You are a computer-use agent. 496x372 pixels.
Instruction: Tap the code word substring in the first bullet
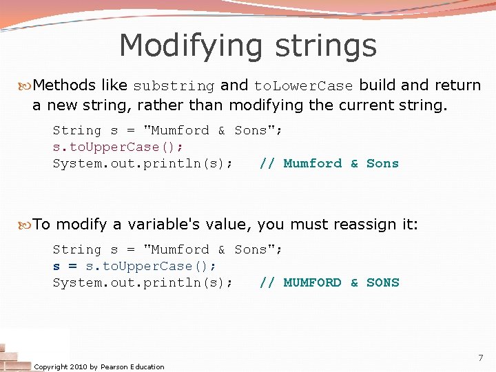tap(174, 86)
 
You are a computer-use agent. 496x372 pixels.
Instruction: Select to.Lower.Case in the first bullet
tap(303, 86)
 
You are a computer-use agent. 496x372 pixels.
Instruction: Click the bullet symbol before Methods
tap(26, 85)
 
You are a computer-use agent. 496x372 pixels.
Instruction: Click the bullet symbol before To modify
tap(26, 224)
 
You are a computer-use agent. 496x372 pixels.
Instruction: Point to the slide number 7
tap(481, 358)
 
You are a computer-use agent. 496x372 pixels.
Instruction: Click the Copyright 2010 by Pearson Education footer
tap(99, 366)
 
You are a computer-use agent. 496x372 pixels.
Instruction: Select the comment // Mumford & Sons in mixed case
tap(329, 163)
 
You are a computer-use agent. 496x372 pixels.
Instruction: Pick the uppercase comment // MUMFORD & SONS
tap(329, 282)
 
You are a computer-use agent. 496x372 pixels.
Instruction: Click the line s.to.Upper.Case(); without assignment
tap(117, 147)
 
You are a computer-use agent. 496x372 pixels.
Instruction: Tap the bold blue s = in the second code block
tap(65, 266)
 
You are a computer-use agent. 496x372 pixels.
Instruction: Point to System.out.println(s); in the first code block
tap(142, 163)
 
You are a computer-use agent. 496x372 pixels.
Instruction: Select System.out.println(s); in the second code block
tap(142, 282)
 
